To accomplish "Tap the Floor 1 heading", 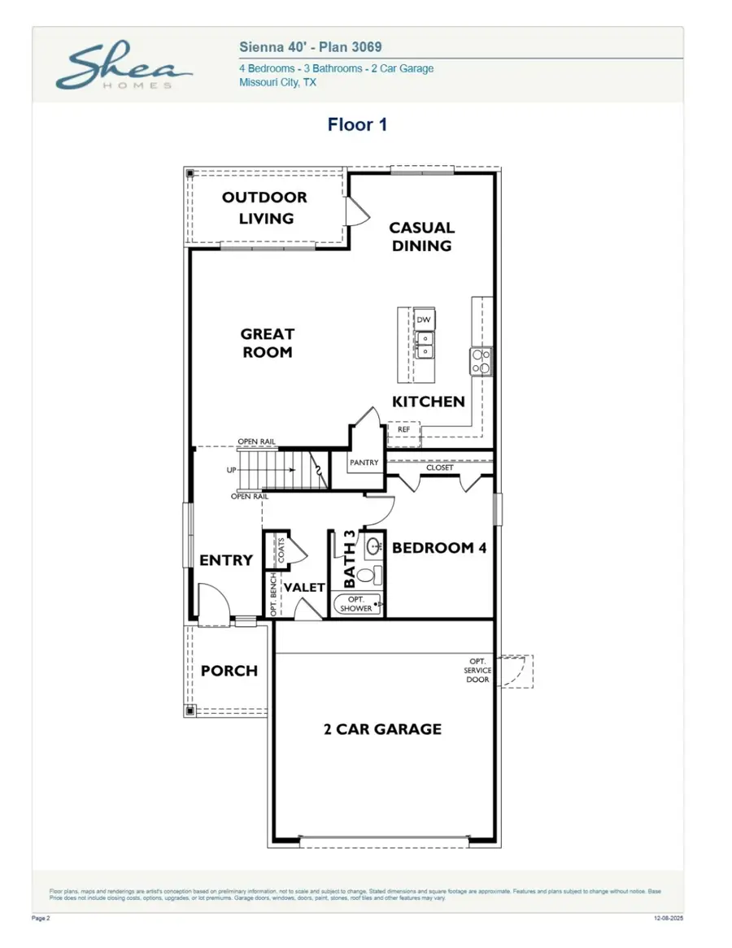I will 357,124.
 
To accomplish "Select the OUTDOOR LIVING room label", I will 265,208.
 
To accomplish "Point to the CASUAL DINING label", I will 421,237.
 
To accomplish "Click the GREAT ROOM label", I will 267,343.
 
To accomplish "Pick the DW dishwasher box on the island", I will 423,320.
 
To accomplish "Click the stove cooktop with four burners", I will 481,361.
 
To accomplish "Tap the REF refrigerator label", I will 403,429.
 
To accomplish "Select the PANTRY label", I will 364,463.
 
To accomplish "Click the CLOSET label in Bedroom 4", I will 440,467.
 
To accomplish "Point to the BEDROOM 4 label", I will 439,548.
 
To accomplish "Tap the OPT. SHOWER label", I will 356,604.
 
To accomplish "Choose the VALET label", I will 304,587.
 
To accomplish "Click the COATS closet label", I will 281,550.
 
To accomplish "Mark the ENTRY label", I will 226,560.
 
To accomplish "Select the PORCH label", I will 229,671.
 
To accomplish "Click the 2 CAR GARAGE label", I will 382,729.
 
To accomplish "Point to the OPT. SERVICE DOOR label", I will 477,670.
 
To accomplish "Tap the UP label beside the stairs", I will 232,471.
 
